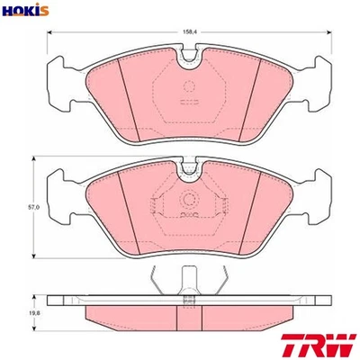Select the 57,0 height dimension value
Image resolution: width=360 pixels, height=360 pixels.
pyautogui.click(x=32, y=208)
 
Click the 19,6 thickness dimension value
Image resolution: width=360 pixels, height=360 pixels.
pyautogui.click(x=34, y=312)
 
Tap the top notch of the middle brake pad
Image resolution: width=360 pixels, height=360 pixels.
pyautogui.click(x=189, y=166)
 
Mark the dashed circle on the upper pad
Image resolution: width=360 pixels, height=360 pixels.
pyautogui.click(x=189, y=87)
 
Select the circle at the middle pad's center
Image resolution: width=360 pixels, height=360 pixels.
pyautogui.click(x=189, y=200)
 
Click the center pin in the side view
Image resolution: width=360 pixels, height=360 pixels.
pyautogui.click(x=189, y=282)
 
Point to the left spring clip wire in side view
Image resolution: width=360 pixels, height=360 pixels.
pyautogui.click(x=158, y=281)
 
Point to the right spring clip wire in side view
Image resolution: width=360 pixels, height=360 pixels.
pyautogui.click(x=220, y=281)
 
